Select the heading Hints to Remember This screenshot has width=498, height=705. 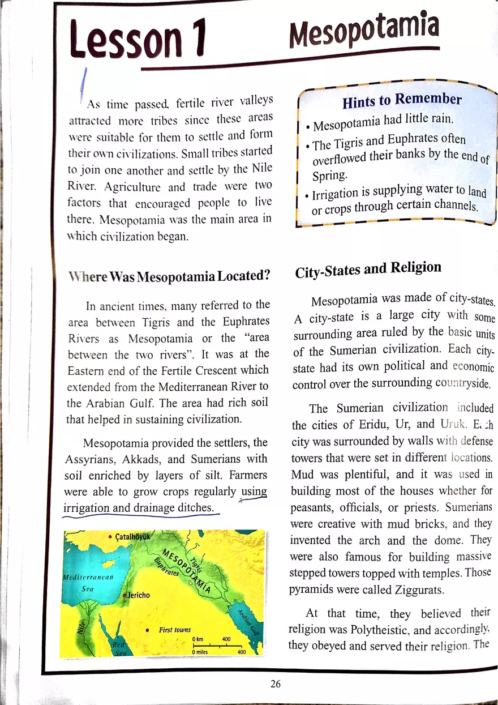click(x=402, y=101)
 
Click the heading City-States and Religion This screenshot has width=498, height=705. click(x=368, y=270)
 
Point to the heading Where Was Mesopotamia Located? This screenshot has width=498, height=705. click(x=169, y=276)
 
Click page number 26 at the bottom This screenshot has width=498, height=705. click(x=276, y=683)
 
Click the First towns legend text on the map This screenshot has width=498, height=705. click(x=175, y=630)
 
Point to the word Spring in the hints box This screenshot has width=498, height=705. click(x=331, y=176)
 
